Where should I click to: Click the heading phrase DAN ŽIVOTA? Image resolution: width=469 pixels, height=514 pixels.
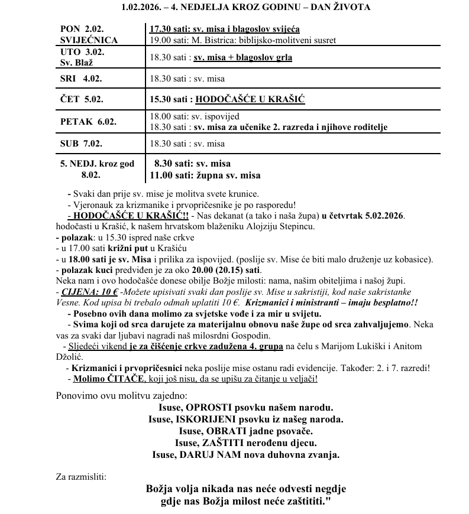339,7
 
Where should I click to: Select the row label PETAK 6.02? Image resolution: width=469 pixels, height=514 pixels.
88,122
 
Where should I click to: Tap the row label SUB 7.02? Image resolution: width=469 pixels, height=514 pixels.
82,143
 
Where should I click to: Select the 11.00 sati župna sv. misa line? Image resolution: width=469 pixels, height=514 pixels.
205,175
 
